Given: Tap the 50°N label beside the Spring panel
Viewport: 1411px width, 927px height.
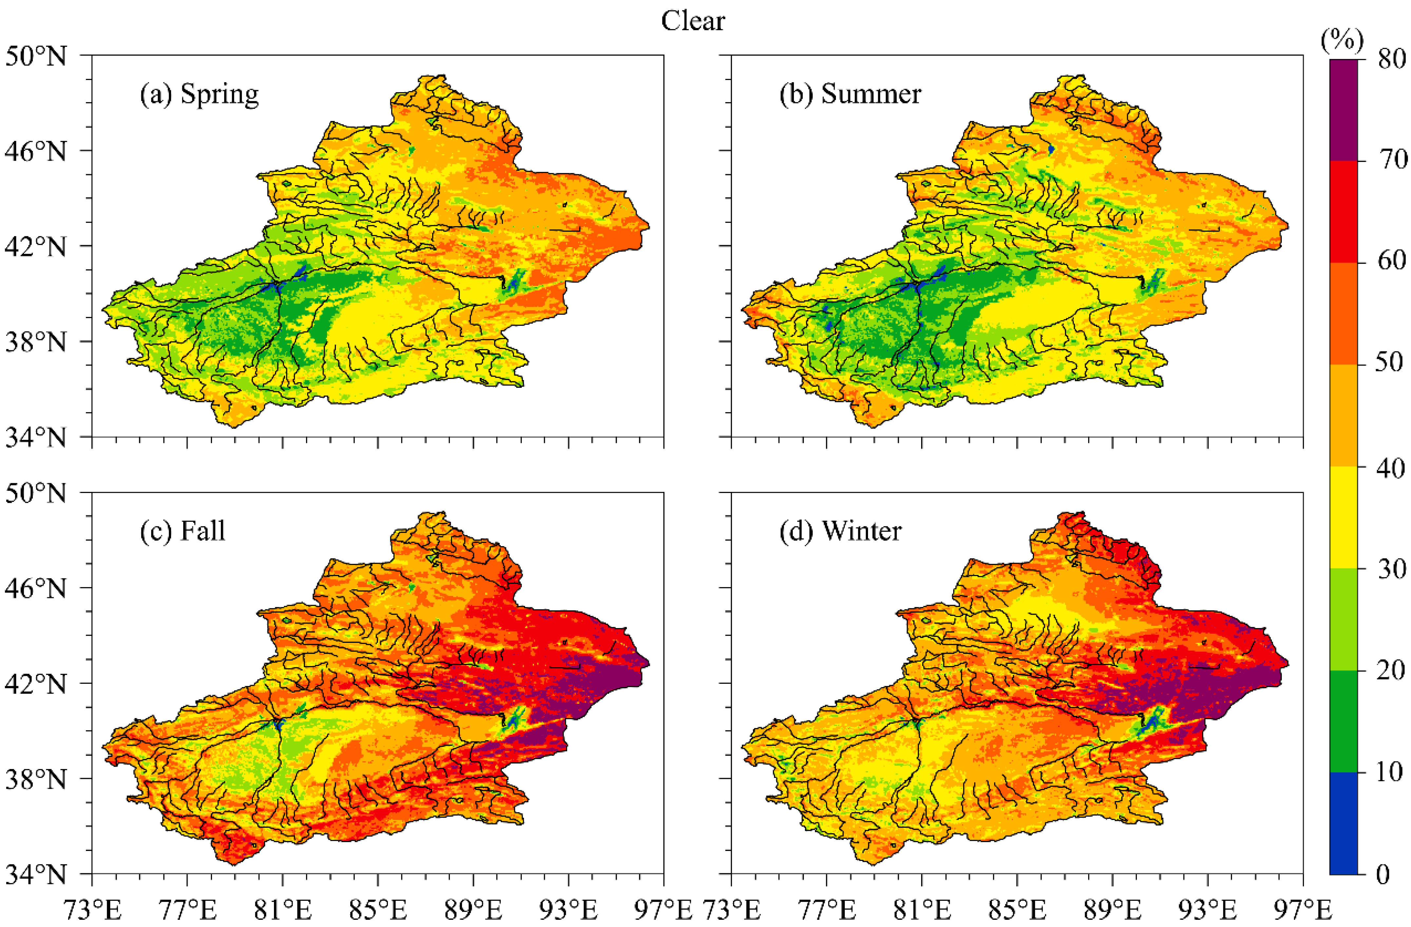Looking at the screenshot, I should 36,57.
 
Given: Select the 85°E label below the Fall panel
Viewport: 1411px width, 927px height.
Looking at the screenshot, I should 378,910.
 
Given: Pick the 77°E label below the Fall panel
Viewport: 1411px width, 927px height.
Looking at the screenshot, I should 187,910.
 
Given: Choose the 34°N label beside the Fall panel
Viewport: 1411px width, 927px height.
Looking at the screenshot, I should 36,874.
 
